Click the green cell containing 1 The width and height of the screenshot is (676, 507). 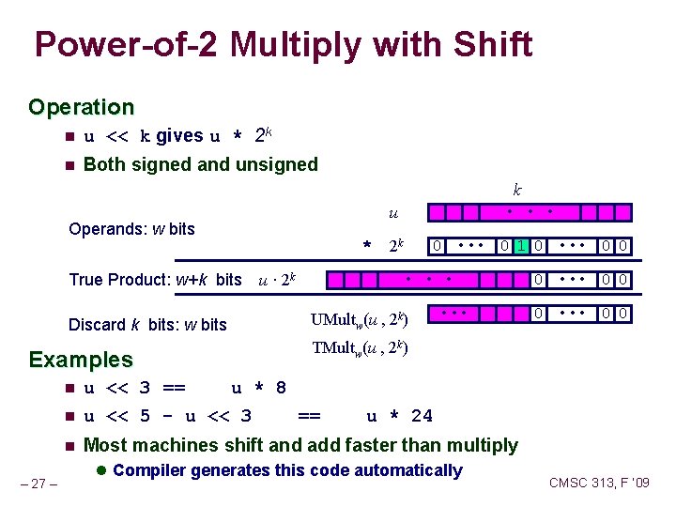pyautogui.click(x=521, y=246)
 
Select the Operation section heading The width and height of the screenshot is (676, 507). pyautogui.click(x=82, y=107)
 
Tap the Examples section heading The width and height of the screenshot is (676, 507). pyautogui.click(x=82, y=360)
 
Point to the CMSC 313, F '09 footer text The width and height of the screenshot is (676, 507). pyautogui.click(x=598, y=484)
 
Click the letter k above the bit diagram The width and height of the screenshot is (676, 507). pyautogui.click(x=516, y=189)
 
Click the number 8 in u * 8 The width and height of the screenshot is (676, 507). pyautogui.click(x=280, y=388)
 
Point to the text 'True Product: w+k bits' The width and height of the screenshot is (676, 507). pyautogui.click(x=156, y=280)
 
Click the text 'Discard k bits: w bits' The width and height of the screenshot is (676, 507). pyautogui.click(x=147, y=325)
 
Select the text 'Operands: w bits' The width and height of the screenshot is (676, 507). pyautogui.click(x=131, y=229)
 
